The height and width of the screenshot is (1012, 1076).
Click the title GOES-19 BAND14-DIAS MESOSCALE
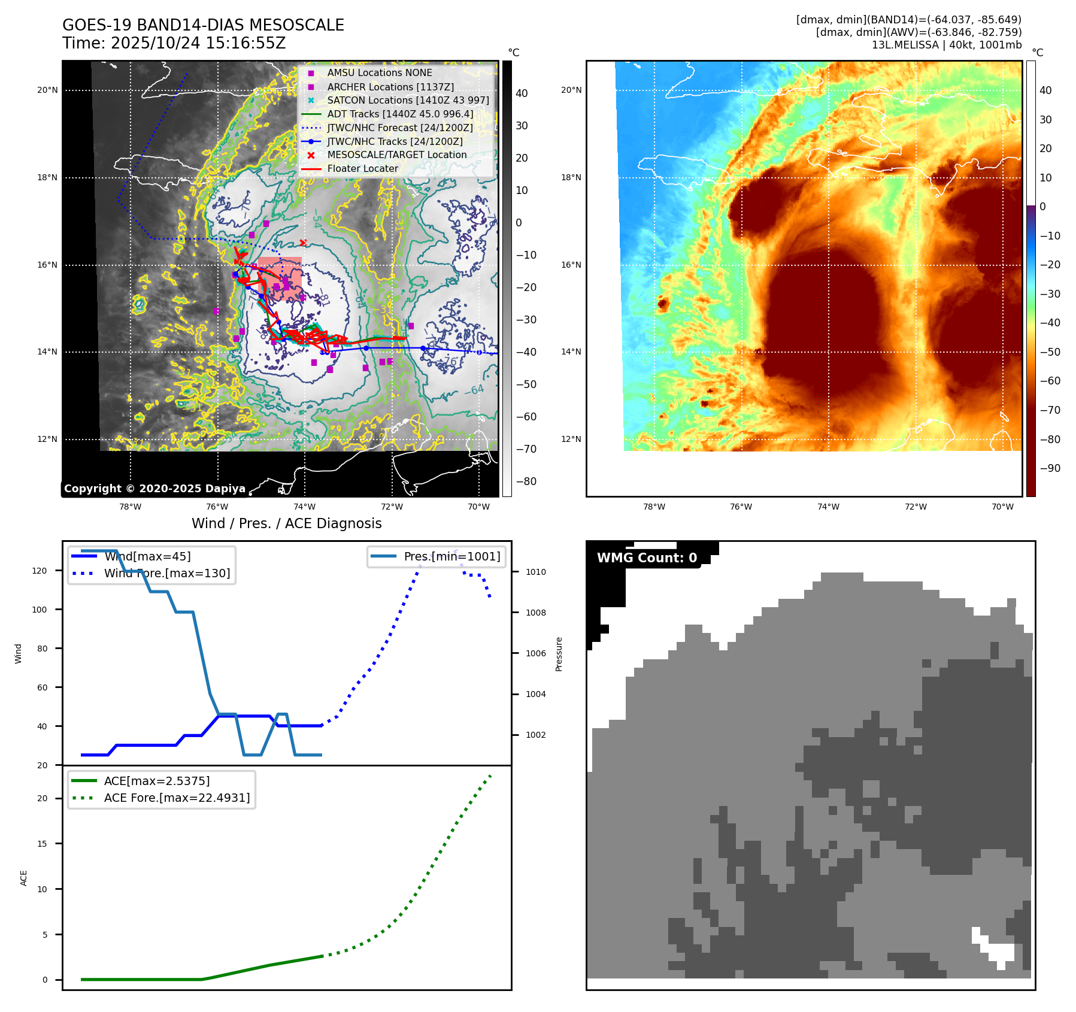[203, 25]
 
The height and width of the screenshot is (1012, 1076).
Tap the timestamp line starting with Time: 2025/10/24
[174, 43]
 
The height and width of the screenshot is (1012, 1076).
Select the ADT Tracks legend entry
[400, 114]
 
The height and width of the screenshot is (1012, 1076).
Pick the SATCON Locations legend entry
[408, 100]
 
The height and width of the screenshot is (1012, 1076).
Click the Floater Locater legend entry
[362, 168]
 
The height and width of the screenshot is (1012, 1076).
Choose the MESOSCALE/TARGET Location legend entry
[396, 154]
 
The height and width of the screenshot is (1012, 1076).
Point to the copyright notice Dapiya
[154, 489]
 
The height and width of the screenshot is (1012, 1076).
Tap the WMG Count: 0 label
[647, 558]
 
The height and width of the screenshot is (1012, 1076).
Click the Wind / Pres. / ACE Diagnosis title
[286, 523]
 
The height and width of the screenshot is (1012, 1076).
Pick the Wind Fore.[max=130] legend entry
[166, 573]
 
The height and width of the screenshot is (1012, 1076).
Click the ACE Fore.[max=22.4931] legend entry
[177, 798]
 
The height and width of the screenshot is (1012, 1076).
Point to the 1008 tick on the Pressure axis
[535, 613]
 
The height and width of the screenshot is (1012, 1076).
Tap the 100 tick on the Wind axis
[40, 610]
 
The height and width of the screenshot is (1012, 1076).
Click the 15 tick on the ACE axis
[42, 844]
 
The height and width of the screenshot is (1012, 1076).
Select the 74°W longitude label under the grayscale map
[305, 507]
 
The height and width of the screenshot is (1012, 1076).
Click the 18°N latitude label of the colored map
[571, 177]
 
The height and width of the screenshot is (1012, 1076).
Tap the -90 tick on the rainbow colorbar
[1050, 468]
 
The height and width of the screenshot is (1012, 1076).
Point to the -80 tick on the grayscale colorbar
[526, 481]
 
